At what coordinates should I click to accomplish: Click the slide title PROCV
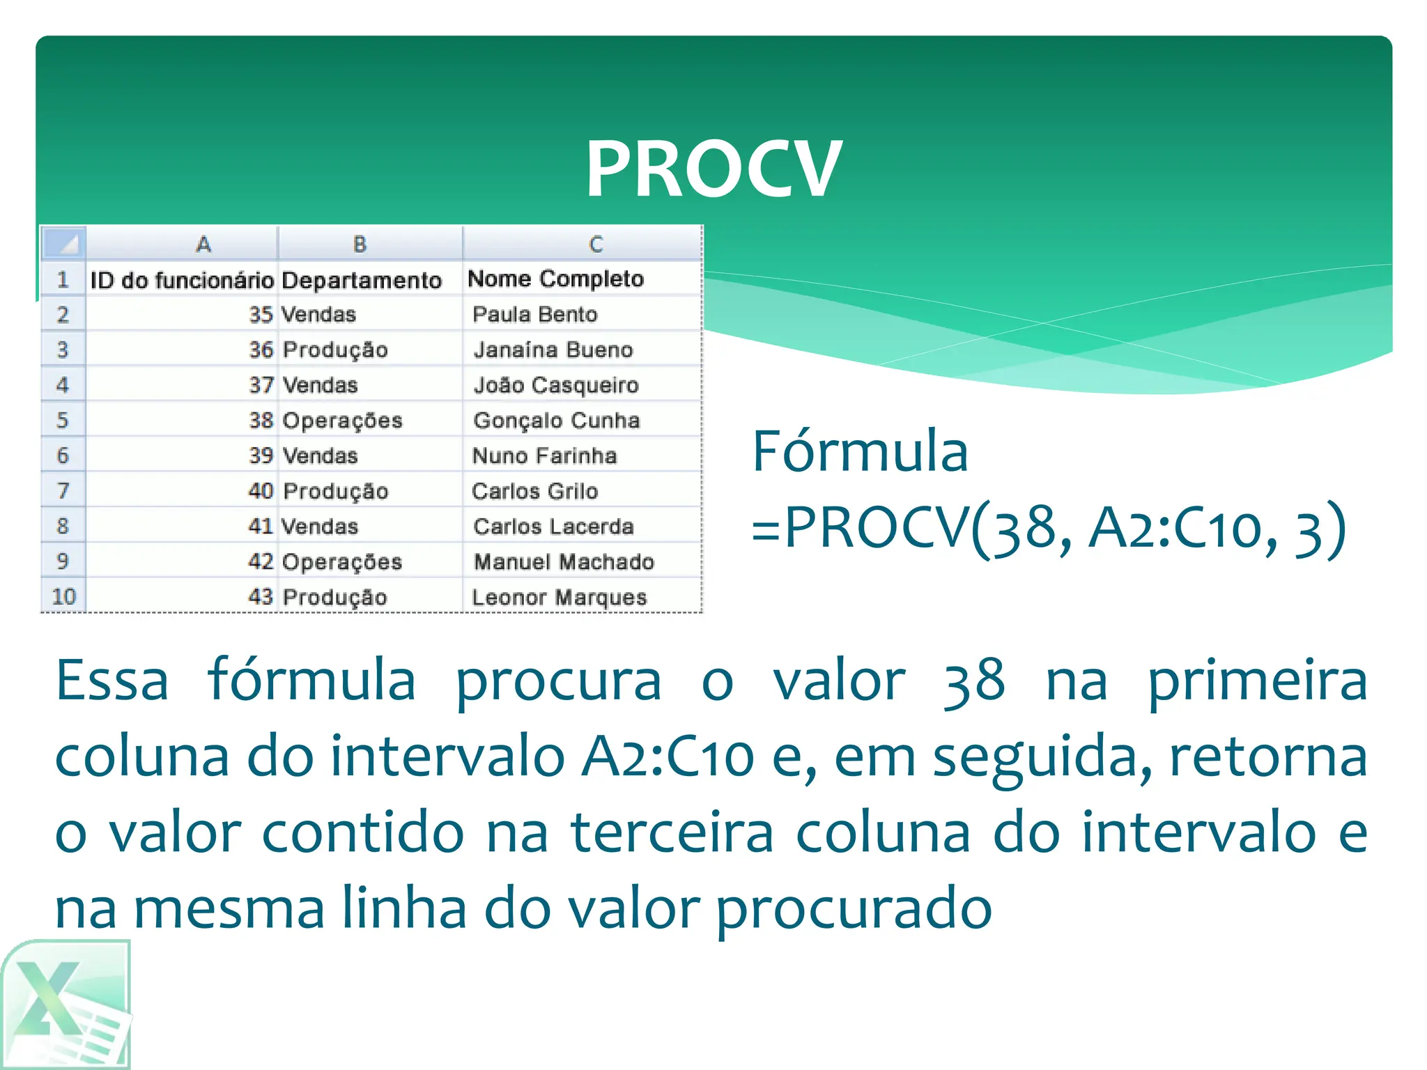click(713, 169)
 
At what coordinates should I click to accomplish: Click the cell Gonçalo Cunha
click(556, 420)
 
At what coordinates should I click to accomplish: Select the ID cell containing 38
click(261, 420)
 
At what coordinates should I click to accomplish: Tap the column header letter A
click(203, 244)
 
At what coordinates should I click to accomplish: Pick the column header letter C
click(595, 244)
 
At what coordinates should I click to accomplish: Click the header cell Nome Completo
click(555, 279)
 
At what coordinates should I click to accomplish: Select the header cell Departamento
click(362, 280)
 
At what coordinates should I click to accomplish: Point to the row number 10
click(63, 596)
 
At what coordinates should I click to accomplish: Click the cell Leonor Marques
click(559, 597)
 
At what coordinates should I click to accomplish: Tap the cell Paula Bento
click(534, 314)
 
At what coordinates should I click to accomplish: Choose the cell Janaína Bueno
click(553, 350)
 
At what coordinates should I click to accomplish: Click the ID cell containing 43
click(260, 596)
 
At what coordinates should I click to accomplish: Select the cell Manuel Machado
click(564, 561)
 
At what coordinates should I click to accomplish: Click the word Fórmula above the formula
click(860, 451)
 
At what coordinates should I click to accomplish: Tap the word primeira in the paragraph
click(1257, 681)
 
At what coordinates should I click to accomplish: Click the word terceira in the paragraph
click(672, 832)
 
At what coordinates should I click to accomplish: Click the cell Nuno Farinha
click(544, 456)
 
